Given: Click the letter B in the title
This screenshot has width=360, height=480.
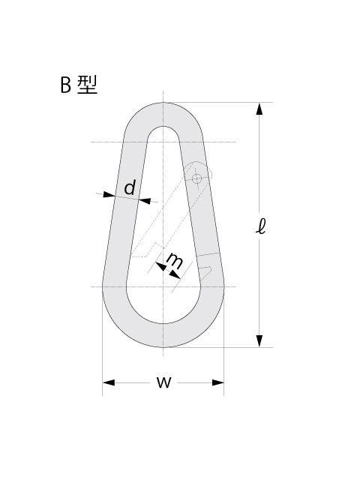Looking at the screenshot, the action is tap(65, 85).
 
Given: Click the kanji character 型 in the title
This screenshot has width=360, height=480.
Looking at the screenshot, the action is tap(87, 85).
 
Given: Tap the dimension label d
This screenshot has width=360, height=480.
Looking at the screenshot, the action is tap(130, 187).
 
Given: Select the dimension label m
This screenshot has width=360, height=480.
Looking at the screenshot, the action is tap(175, 261).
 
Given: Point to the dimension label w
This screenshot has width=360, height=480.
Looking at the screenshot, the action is tap(163, 382).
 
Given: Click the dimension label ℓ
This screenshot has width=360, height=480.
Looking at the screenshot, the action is tap(260, 226).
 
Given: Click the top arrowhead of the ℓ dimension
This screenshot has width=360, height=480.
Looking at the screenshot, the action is tap(259, 109).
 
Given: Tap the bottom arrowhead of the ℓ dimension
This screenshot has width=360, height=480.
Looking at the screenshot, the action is tap(259, 341).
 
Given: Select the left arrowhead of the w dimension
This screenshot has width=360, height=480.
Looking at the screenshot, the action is tap(109, 382).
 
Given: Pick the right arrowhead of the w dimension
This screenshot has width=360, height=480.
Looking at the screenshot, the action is tap(218, 382).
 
